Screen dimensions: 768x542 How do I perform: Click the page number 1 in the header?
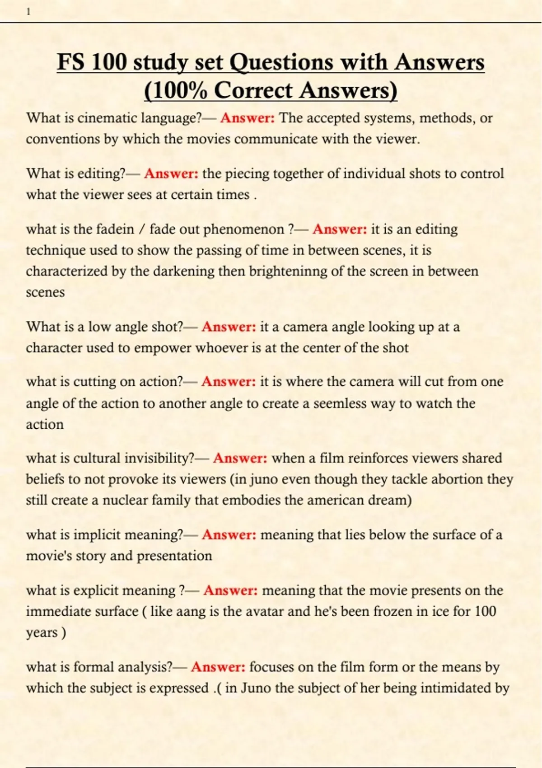tap(28, 12)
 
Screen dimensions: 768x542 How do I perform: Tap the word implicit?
tap(97, 535)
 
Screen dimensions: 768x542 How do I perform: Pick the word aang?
tap(191, 612)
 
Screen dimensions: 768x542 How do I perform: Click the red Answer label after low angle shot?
tap(229, 327)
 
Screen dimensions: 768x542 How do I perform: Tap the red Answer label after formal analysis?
tap(218, 667)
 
